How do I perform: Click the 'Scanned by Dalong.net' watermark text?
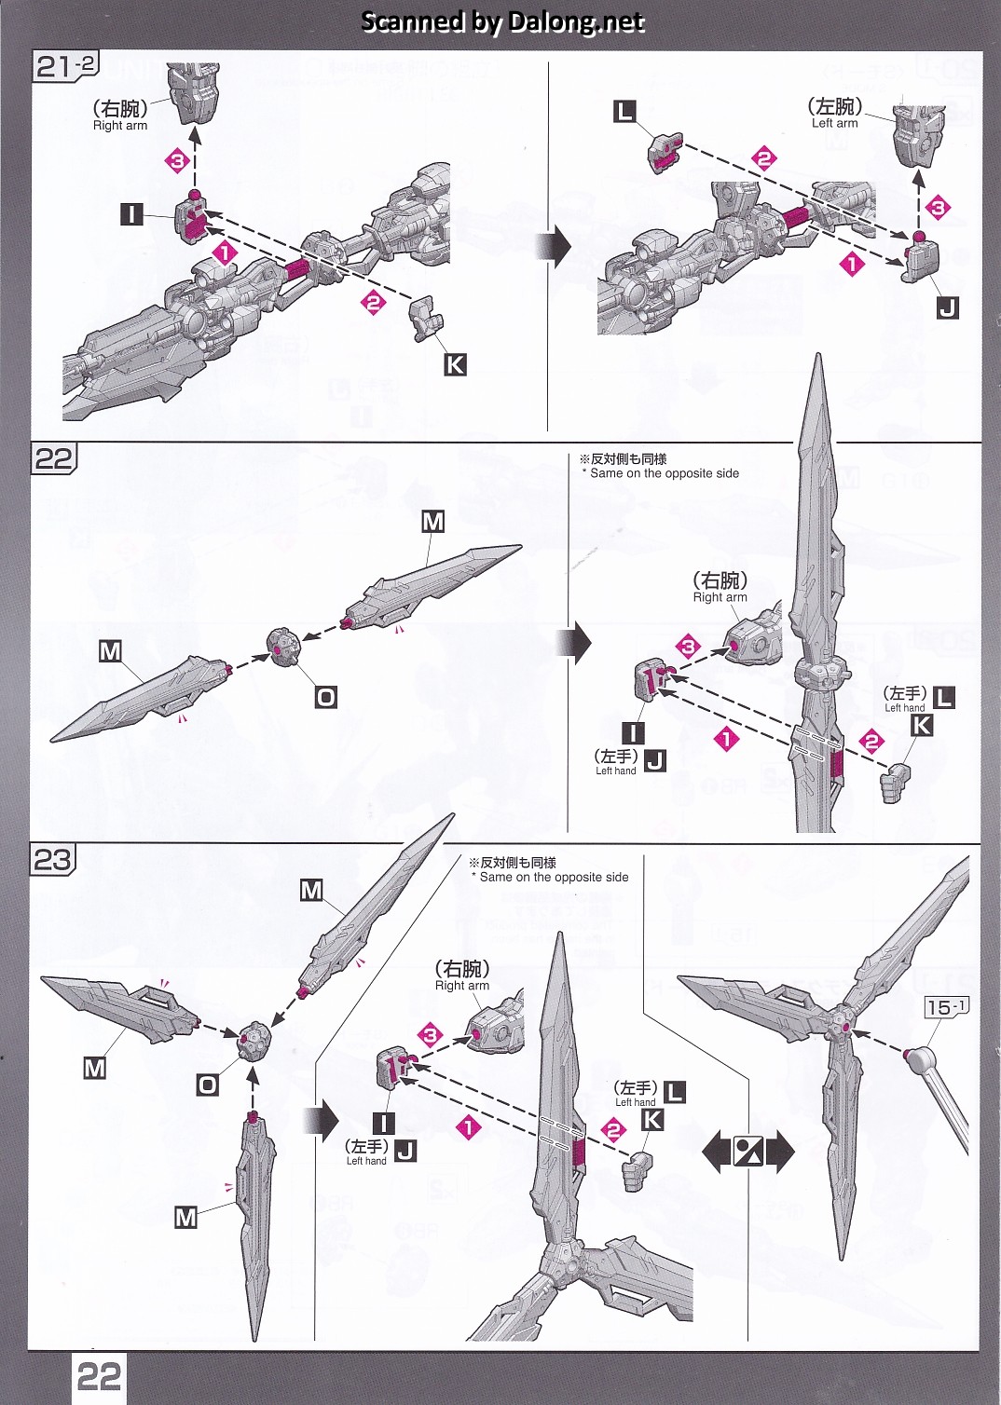[x=501, y=21]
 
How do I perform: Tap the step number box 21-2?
[x=65, y=66]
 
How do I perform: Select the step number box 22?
[x=53, y=459]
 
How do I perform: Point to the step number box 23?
[x=52, y=859]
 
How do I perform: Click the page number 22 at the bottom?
[x=99, y=1376]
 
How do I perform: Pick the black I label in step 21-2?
[x=131, y=215]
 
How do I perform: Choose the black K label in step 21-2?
[x=455, y=364]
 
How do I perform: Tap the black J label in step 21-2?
[x=947, y=307]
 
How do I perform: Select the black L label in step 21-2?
[x=624, y=112]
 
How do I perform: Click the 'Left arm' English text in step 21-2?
[x=834, y=123]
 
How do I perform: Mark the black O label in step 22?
[x=325, y=697]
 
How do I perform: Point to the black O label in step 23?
[x=207, y=1084]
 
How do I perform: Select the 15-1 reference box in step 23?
[x=947, y=1006]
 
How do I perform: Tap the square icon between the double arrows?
[x=747, y=1153]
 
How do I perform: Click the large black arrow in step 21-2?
[x=558, y=246]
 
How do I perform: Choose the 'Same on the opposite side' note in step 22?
[x=664, y=473]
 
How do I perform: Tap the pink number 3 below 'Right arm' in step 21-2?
[x=177, y=161]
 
